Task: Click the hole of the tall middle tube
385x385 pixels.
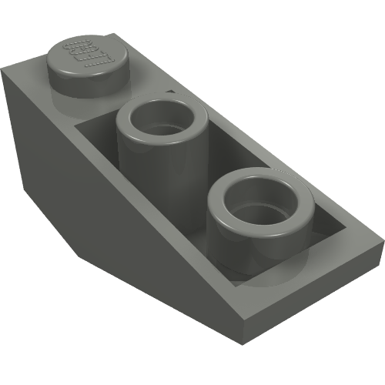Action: [x=163, y=120]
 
